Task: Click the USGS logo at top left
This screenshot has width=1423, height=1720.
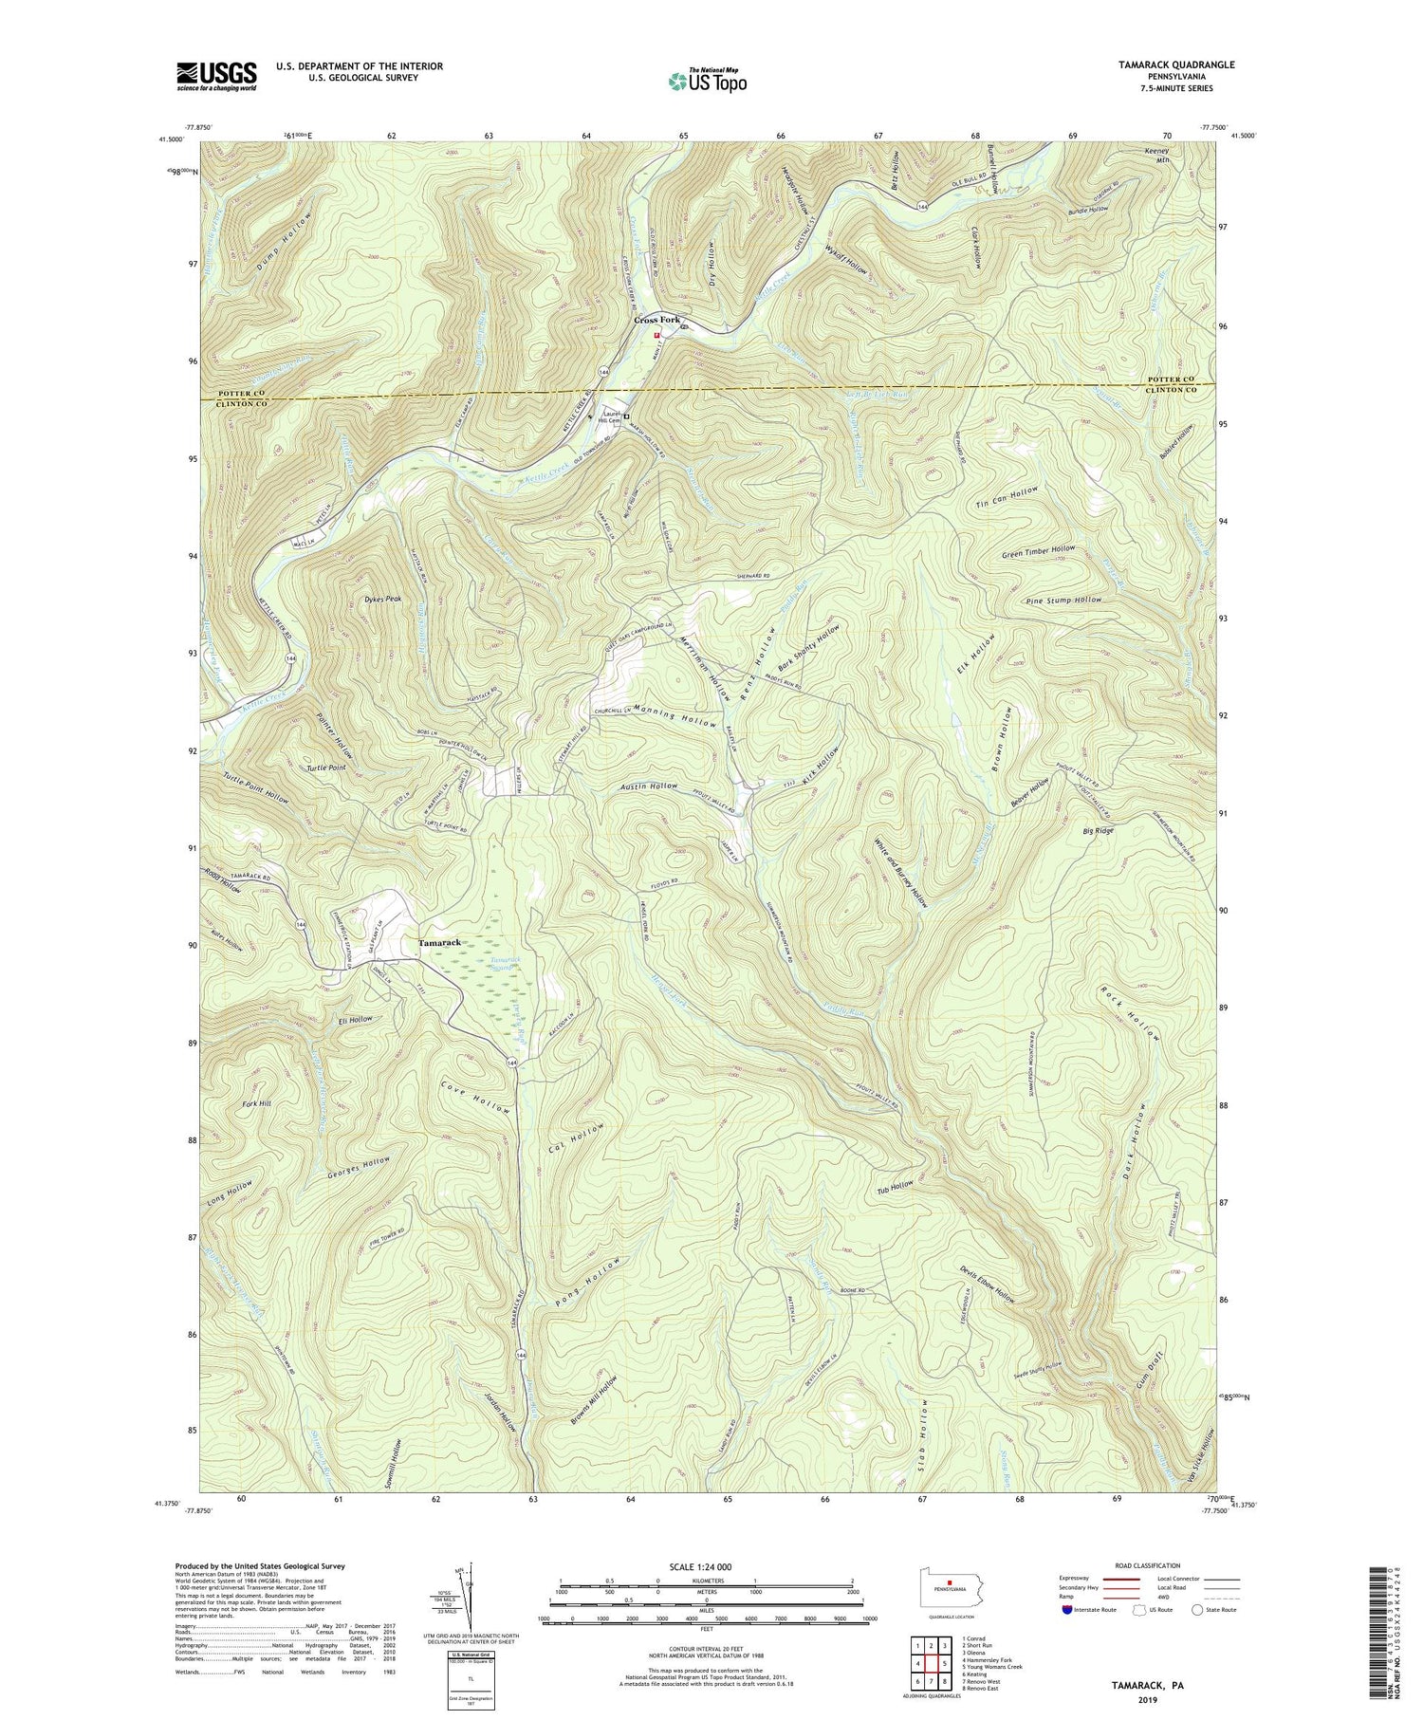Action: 216,76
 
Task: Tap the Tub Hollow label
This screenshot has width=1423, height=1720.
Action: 896,1186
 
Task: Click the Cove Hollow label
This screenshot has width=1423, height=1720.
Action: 476,1096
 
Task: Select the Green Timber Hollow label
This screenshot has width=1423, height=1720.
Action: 1038,550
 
